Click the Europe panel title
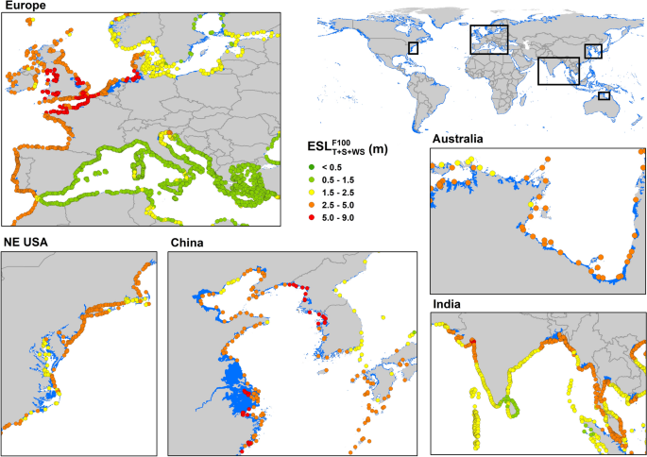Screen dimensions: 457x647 26,6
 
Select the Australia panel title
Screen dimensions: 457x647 456,139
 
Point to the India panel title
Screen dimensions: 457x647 447,305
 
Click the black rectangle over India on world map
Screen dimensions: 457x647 558,71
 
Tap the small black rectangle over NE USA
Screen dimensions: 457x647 413,47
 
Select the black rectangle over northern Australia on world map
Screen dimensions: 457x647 604,94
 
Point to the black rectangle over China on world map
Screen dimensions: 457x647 593,51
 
